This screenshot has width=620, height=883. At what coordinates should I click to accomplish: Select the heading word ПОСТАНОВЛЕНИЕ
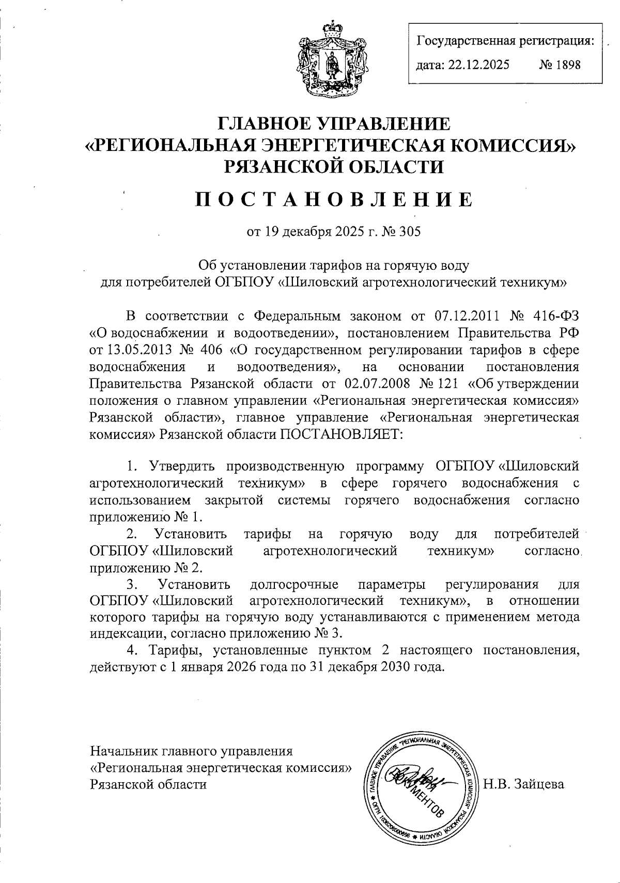333,199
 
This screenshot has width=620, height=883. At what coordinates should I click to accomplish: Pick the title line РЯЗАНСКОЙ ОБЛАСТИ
334,166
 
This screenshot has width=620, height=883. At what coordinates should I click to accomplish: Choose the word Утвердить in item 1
181,466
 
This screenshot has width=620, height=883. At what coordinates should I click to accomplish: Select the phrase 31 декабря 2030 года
380,667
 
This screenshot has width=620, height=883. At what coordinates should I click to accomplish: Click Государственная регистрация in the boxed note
505,40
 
